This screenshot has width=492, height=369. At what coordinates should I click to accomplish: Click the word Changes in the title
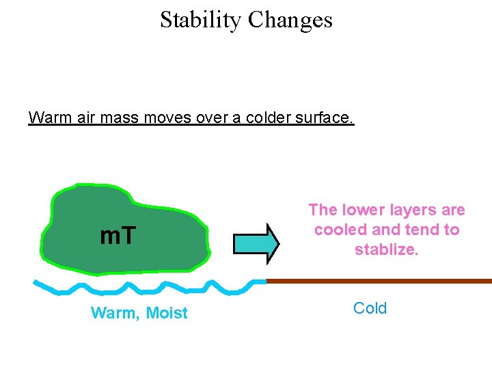[x=290, y=20]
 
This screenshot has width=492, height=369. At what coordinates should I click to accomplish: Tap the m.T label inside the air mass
[x=118, y=236]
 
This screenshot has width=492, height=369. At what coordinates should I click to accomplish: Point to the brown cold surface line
[x=379, y=281]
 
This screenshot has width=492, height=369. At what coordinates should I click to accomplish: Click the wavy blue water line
[x=150, y=286]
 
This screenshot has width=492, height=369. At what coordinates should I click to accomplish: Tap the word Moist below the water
[x=167, y=313]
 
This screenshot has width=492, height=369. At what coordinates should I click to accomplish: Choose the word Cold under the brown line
[x=370, y=308]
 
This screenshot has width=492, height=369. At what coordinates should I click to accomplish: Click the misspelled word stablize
[x=386, y=250]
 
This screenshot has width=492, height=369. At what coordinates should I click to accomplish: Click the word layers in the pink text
[x=413, y=210]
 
